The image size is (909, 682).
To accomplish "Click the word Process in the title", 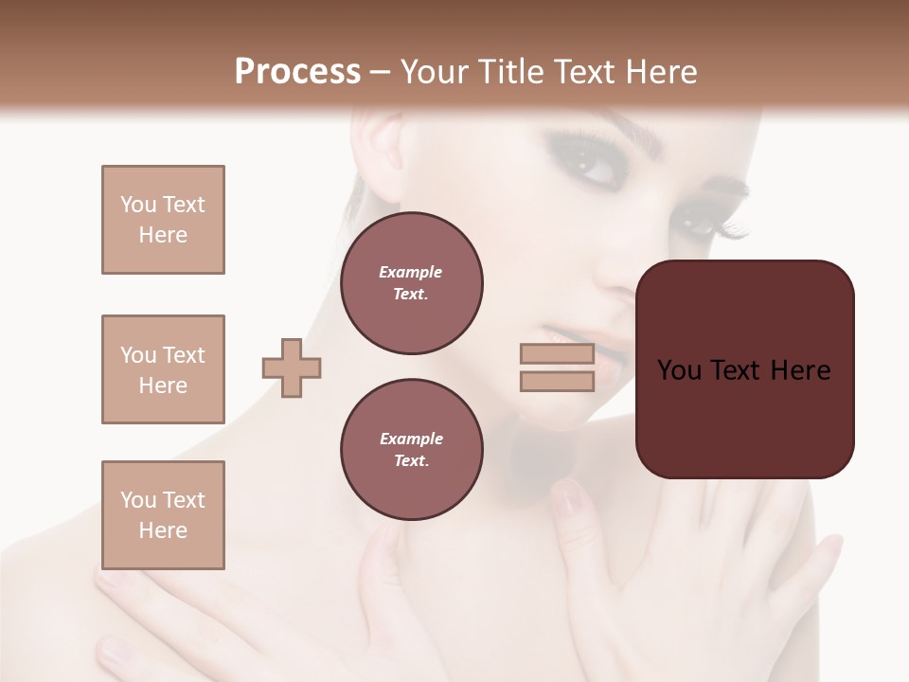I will coord(297,71).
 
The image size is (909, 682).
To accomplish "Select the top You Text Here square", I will coord(163,220).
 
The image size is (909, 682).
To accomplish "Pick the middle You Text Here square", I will coord(163,369).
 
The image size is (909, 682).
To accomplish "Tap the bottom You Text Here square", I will coord(163,515).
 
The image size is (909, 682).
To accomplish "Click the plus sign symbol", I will coord(292,368).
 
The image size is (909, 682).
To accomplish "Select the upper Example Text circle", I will coord(411,283).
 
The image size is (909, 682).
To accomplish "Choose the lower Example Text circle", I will coord(411,450).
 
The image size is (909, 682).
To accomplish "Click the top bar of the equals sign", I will coord(557,354).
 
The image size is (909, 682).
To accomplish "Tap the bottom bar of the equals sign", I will coord(557,381).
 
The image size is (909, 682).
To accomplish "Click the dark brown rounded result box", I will coord(744,369).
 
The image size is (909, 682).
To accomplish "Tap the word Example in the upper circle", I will coord(411,272).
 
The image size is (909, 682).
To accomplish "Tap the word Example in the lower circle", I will coord(411,439).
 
